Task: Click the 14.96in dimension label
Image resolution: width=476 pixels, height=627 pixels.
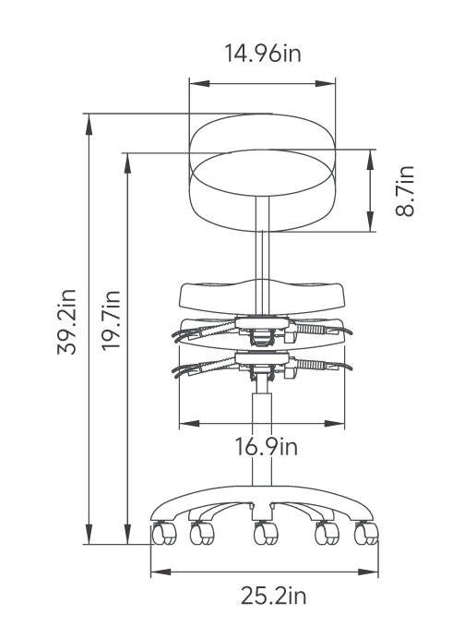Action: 263,53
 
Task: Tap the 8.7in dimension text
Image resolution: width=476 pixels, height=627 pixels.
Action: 405,191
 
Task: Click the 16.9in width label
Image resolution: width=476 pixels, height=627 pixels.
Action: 266,448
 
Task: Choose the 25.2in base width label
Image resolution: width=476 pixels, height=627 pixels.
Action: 273,596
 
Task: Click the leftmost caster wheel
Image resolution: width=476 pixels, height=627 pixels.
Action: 163,533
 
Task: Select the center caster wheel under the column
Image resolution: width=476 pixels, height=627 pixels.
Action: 265,534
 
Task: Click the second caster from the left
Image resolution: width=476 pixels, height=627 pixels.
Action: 201,534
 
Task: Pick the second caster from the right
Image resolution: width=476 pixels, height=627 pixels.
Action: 327,534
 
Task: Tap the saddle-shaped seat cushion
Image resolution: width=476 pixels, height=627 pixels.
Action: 263,296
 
